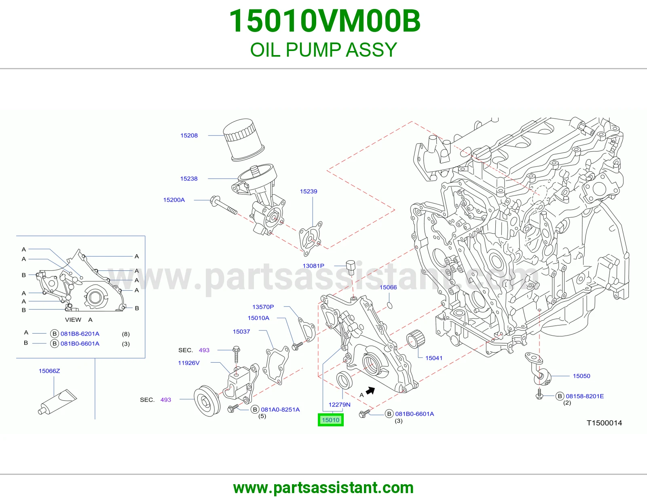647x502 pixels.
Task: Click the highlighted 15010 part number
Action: coord(330,420)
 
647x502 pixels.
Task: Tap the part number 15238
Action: coord(189,179)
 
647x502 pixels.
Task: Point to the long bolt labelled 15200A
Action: coord(224,205)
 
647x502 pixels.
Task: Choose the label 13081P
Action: coord(313,266)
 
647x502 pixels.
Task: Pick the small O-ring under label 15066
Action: coord(390,305)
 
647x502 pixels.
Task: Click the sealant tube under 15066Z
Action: coord(57,402)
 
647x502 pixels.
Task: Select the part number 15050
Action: coord(581,376)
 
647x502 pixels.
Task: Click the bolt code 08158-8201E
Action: coord(585,396)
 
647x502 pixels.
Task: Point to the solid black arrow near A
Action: coord(370,391)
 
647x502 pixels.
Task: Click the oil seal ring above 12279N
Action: coord(344,381)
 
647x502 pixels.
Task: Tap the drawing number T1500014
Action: coord(604,423)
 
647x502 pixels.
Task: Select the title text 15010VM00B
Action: coord(325,21)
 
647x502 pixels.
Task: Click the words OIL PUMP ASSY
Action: coord(323,50)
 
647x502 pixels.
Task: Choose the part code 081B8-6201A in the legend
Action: coord(80,334)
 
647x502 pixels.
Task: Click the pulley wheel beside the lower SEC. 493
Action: coord(207,401)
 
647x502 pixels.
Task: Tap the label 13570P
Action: coord(263,307)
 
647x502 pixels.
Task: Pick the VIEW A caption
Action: coord(79,319)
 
